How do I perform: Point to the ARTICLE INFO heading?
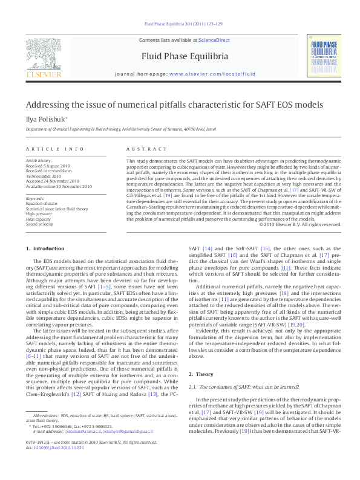pyautogui.click(x=55, y=149)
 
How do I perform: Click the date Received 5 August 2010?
pyautogui.click(x=48, y=165)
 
